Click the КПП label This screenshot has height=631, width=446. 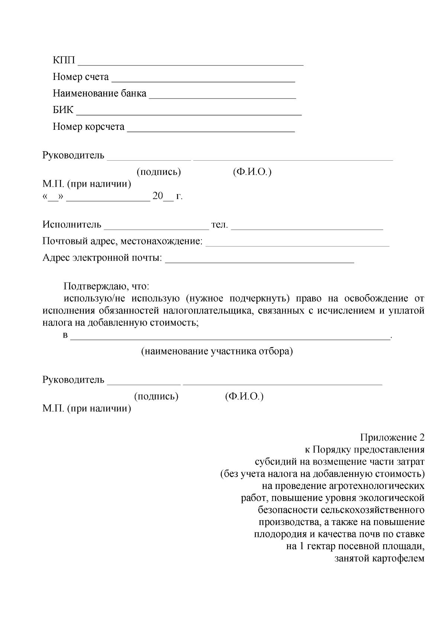tap(64, 61)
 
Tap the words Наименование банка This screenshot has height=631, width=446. tap(100, 93)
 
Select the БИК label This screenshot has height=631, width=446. tap(63, 110)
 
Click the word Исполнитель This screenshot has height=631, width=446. tap(72, 225)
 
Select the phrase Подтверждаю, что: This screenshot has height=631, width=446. tap(106, 287)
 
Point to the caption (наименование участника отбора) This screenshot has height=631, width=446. tap(217, 351)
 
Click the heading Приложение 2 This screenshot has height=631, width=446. tap(392, 438)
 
